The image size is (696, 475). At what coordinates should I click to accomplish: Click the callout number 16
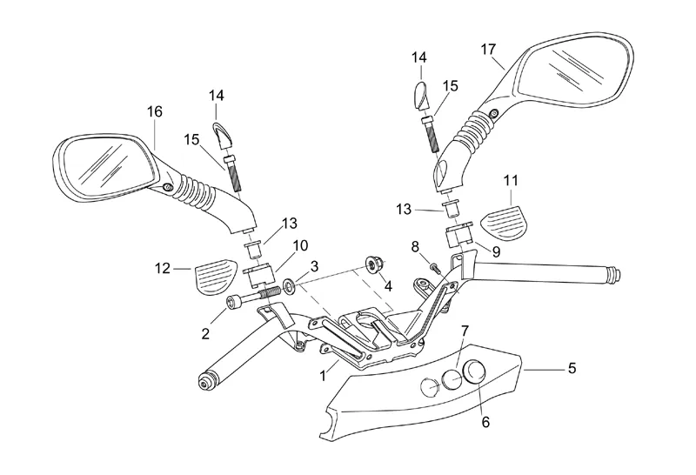pos(155,111)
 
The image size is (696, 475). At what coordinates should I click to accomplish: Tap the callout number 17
pos(488,50)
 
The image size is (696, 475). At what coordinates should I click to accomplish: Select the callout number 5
pos(572,368)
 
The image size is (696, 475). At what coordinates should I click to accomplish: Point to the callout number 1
pos(323,376)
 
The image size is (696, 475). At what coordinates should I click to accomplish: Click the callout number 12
pos(163,269)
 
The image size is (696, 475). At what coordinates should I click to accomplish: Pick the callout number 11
pos(511,181)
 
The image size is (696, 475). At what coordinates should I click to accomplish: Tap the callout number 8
pos(415,246)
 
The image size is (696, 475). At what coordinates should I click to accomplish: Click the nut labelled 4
pos(371,264)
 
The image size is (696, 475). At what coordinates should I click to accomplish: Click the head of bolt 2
pos(233,303)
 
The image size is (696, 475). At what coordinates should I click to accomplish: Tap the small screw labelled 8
pos(433,267)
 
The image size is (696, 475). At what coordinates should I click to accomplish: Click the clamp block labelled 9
pos(460,235)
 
